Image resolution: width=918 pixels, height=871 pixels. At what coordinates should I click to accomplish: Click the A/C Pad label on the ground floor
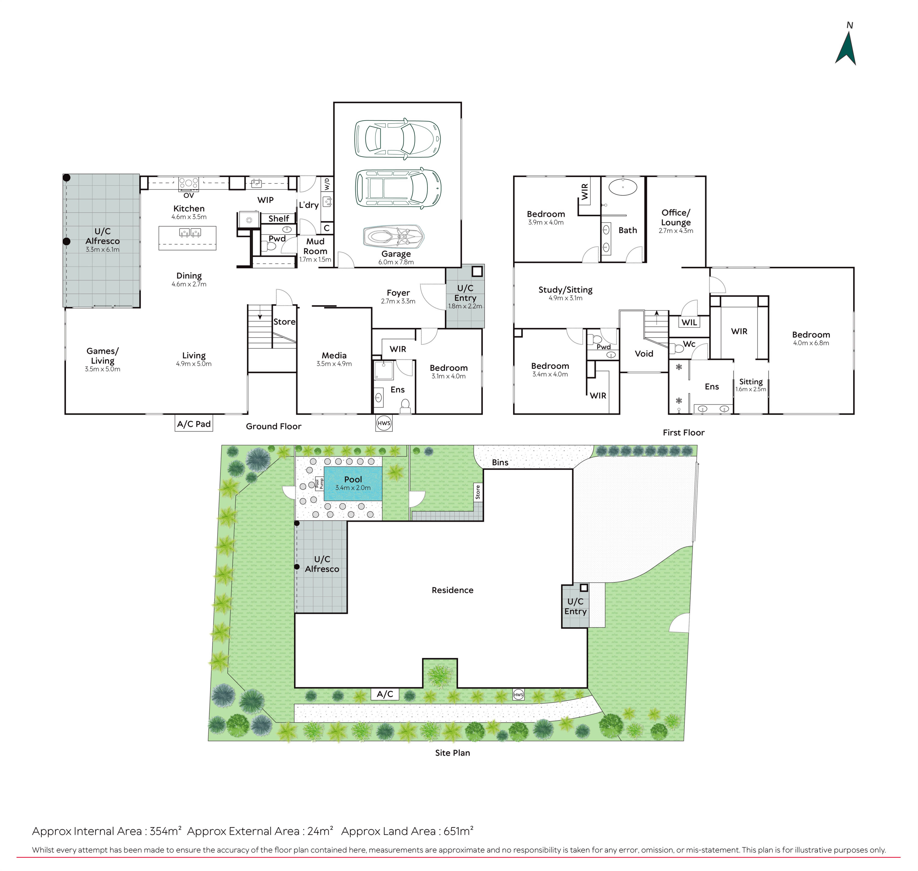pyautogui.click(x=194, y=424)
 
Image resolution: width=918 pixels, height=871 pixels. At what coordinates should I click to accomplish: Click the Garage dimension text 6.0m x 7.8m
pyautogui.click(x=396, y=262)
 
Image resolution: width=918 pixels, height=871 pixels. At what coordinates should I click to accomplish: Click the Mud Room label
pyautogui.click(x=315, y=246)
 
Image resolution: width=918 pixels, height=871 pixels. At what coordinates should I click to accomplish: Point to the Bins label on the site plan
pyautogui.click(x=500, y=462)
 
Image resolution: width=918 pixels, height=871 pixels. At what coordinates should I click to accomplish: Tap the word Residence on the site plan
pyautogui.click(x=453, y=590)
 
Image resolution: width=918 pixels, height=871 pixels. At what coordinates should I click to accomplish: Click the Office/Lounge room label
pyautogui.click(x=676, y=217)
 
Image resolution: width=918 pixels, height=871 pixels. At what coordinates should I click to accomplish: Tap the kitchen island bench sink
pyautogui.click(x=190, y=232)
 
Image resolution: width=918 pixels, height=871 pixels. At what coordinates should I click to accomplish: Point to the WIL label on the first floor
pyautogui.click(x=689, y=322)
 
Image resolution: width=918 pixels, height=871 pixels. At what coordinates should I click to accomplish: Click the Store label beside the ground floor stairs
pyautogui.click(x=284, y=322)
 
